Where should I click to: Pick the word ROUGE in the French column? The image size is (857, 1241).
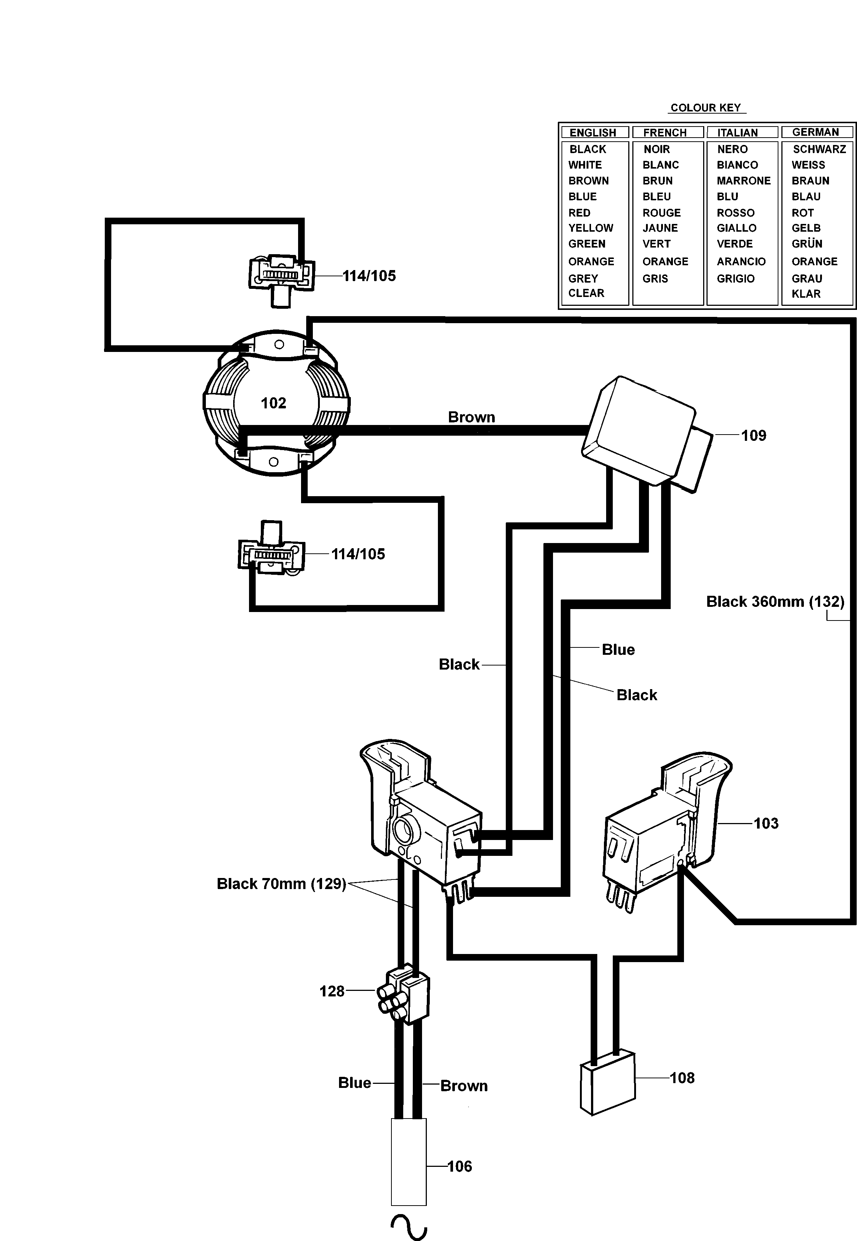coord(661,212)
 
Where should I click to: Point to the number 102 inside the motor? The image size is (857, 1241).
coord(273,403)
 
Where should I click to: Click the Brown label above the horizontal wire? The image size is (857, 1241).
coord(471,417)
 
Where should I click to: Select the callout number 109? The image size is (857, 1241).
coord(753,436)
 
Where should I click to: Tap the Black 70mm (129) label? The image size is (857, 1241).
coord(281,884)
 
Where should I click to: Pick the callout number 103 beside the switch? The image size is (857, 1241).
coord(766,823)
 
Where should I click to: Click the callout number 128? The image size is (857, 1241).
coord(332,991)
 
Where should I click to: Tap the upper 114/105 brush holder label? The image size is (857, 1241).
coord(369,276)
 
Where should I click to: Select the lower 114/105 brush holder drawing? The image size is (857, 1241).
coord(271,553)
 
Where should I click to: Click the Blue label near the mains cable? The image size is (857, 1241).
coord(355,1083)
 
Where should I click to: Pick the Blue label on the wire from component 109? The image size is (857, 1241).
coord(618,650)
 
